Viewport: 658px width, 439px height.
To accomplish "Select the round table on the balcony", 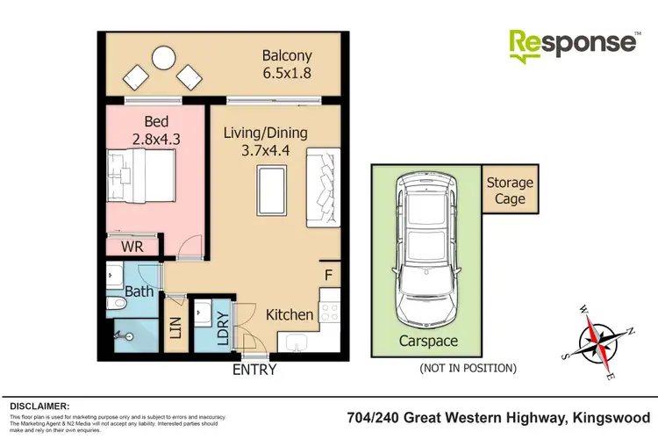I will pos(163,59).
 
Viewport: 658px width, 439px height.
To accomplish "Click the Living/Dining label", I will pos(264,133).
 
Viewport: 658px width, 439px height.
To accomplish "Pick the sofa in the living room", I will pos(325,187).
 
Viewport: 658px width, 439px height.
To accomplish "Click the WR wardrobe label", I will pos(132,247).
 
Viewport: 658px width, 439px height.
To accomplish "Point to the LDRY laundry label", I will pos(223,327).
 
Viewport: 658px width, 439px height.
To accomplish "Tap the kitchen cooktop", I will pos(331,311).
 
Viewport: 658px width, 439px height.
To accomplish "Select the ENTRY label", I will pos(254,370).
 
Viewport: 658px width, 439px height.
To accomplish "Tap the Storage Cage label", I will pos(510,191).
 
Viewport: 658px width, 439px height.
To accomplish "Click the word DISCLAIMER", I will pos(39,406).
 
